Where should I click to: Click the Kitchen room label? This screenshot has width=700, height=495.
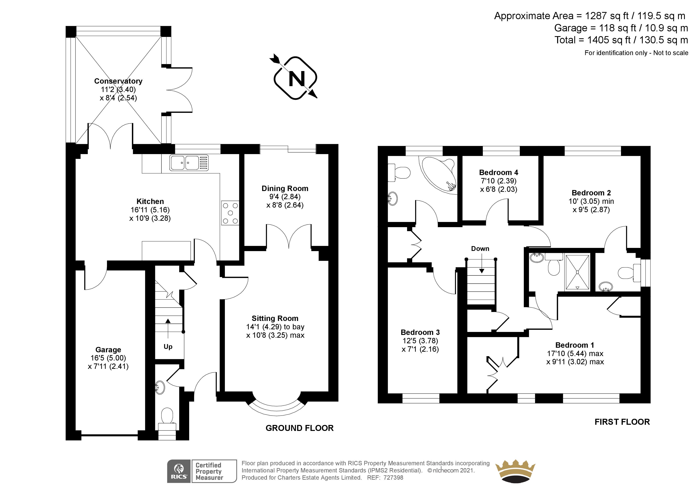click(x=150, y=201)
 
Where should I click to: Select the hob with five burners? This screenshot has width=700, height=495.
click(x=230, y=213)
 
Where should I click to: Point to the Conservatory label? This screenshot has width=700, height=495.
click(x=118, y=81)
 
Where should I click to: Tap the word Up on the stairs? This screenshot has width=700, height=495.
click(x=168, y=347)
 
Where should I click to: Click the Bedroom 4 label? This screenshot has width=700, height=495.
click(x=498, y=173)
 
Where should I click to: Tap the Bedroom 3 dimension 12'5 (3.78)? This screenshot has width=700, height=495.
click(x=420, y=341)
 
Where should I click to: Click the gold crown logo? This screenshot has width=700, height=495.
click(x=515, y=471)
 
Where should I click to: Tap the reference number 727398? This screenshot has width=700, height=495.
click(x=393, y=478)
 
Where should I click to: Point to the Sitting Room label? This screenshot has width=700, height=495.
click(x=275, y=318)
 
